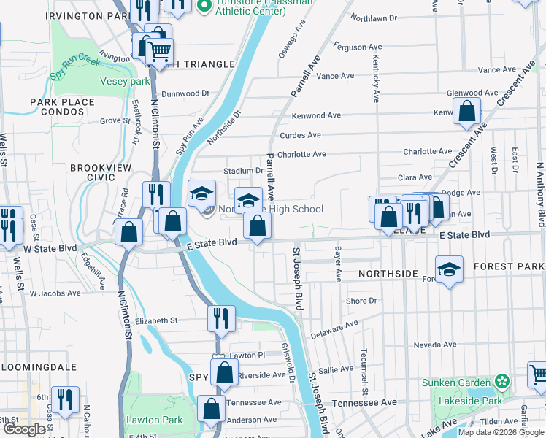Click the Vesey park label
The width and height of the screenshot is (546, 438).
(125, 81)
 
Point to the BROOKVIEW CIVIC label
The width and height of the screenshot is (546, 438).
(101, 172)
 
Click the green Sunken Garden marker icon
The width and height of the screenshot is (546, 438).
(501, 382)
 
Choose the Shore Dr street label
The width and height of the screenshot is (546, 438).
(361, 301)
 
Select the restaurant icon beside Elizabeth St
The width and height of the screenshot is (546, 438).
(221, 318)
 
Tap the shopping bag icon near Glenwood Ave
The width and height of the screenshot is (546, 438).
(466, 112)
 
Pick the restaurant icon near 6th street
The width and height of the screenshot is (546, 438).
(66, 400)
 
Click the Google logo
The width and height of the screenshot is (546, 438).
(24, 429)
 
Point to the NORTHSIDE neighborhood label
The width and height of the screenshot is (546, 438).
(388, 274)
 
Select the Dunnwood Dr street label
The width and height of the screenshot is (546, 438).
(185, 93)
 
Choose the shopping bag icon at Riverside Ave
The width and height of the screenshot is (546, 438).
(224, 372)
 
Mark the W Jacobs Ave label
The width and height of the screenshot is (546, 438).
(55, 293)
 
